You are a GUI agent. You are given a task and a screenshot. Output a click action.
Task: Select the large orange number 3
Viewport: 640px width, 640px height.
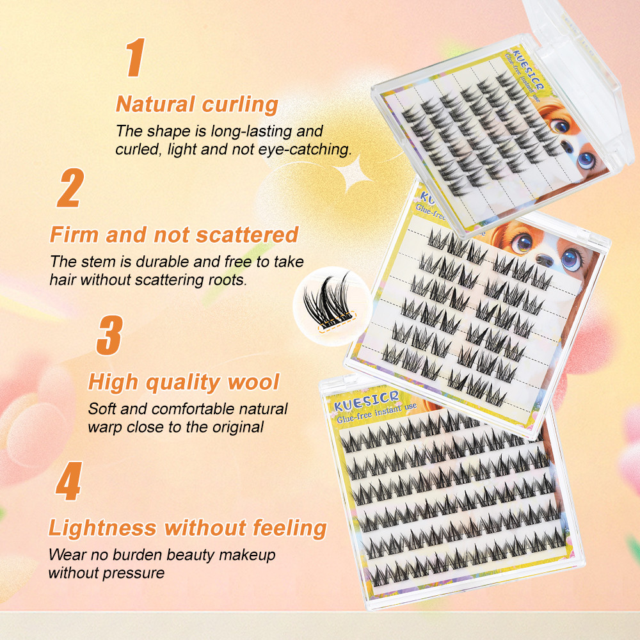tap(110, 335)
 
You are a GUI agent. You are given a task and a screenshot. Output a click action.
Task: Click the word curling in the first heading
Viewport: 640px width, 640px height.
tap(240, 105)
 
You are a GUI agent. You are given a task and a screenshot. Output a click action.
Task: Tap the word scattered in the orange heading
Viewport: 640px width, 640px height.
tap(247, 235)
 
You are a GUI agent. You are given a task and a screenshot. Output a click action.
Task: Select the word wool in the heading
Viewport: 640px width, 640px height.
tap(253, 382)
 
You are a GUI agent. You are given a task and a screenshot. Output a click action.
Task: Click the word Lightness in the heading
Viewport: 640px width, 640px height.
tap(102, 527)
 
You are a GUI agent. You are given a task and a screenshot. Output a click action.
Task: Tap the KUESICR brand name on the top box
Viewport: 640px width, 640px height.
tap(528, 69)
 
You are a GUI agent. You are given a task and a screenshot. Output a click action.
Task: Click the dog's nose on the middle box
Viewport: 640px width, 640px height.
tap(544, 260)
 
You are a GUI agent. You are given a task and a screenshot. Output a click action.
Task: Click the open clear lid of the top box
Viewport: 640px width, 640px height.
tap(580, 74)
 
